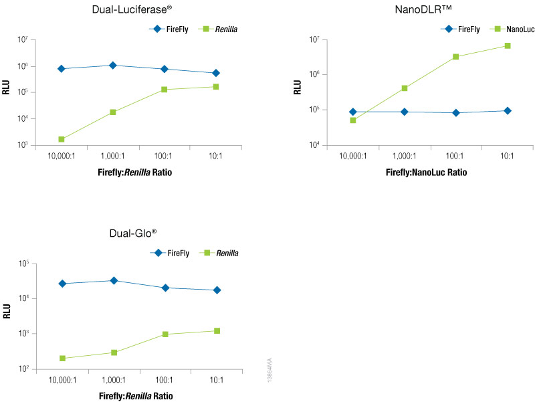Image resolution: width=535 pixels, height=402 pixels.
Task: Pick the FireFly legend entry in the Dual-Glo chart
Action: (177, 253)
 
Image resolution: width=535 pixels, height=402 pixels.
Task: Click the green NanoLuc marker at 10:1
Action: (507, 45)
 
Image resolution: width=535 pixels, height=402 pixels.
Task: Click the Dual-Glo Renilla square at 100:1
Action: (165, 334)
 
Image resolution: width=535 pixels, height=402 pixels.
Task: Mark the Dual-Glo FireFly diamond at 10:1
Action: (216, 290)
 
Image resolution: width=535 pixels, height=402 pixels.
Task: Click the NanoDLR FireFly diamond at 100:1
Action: (455, 113)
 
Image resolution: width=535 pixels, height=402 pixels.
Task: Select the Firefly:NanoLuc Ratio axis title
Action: (427, 173)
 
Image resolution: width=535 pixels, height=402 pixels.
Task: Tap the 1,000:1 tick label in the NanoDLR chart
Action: (404, 156)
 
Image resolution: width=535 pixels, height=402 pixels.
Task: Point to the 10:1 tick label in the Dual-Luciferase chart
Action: (215, 157)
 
